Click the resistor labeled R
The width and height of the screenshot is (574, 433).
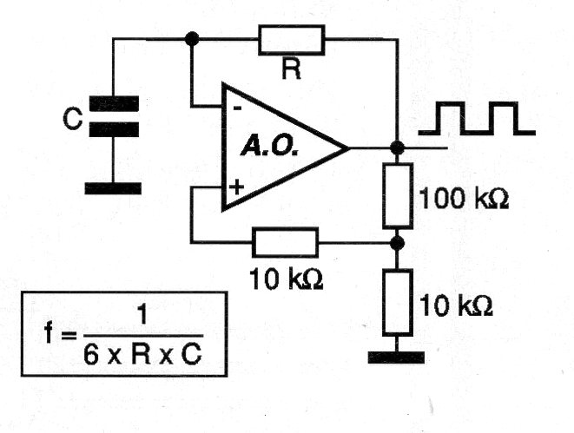[292, 40]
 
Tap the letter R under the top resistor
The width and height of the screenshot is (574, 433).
[292, 69]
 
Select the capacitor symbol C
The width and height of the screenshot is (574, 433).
[114, 116]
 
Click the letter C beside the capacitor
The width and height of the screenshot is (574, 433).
[72, 119]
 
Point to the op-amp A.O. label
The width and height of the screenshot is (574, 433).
[269, 147]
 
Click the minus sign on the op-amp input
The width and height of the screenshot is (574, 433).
[237, 108]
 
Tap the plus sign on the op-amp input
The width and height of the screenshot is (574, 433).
[236, 187]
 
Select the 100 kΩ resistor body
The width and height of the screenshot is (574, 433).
[398, 195]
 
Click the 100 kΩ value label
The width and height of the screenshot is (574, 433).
[464, 199]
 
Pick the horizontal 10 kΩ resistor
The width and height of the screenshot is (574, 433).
[285, 242]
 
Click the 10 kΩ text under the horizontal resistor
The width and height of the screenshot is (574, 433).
[286, 279]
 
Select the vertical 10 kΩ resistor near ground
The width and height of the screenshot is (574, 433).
[398, 302]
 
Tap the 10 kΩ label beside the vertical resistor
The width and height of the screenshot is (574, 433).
[456, 305]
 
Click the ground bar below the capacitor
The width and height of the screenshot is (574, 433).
[113, 188]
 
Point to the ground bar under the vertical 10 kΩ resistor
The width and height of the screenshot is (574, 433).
[397, 358]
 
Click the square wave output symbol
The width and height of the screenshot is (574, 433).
[477, 119]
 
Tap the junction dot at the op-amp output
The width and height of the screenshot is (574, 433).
[397, 148]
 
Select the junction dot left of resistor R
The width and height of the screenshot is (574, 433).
[192, 38]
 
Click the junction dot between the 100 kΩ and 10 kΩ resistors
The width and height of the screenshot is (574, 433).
[397, 243]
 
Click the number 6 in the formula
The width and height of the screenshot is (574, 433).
[91, 355]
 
